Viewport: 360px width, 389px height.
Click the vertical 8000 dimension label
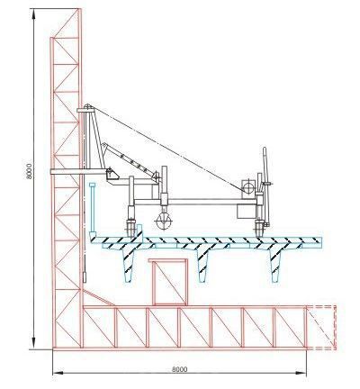point(29,171)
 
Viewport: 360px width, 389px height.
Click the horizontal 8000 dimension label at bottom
point(180,369)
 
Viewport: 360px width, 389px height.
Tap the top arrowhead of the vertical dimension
point(33,14)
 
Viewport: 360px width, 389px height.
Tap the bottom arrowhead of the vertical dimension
point(33,344)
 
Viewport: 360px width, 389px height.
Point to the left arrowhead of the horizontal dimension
point(58,373)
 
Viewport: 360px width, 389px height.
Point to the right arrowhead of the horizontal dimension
point(301,373)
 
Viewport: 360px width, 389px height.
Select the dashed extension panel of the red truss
point(321,328)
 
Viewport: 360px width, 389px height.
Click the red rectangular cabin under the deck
point(168,282)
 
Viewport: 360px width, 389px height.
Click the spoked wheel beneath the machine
point(164,222)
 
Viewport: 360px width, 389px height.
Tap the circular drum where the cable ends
point(248,188)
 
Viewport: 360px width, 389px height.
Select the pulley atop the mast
point(88,106)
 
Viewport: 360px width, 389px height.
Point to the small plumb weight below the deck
point(85,277)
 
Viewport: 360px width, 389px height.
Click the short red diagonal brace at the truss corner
point(98,298)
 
